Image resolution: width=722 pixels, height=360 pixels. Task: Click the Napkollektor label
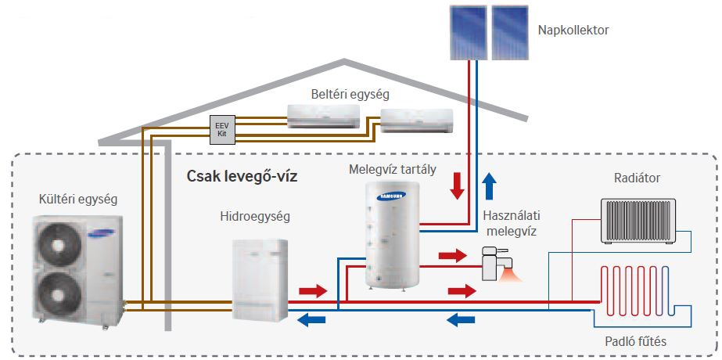[x=573, y=31]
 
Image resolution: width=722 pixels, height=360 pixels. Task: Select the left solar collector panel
[x=469, y=32]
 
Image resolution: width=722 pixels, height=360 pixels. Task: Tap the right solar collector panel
[x=508, y=32]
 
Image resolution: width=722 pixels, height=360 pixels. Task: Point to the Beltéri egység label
[x=350, y=94]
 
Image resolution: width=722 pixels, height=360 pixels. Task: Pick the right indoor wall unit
[x=415, y=121]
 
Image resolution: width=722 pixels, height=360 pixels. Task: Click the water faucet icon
[x=494, y=262]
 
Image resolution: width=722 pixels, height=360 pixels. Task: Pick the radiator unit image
[x=635, y=220]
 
